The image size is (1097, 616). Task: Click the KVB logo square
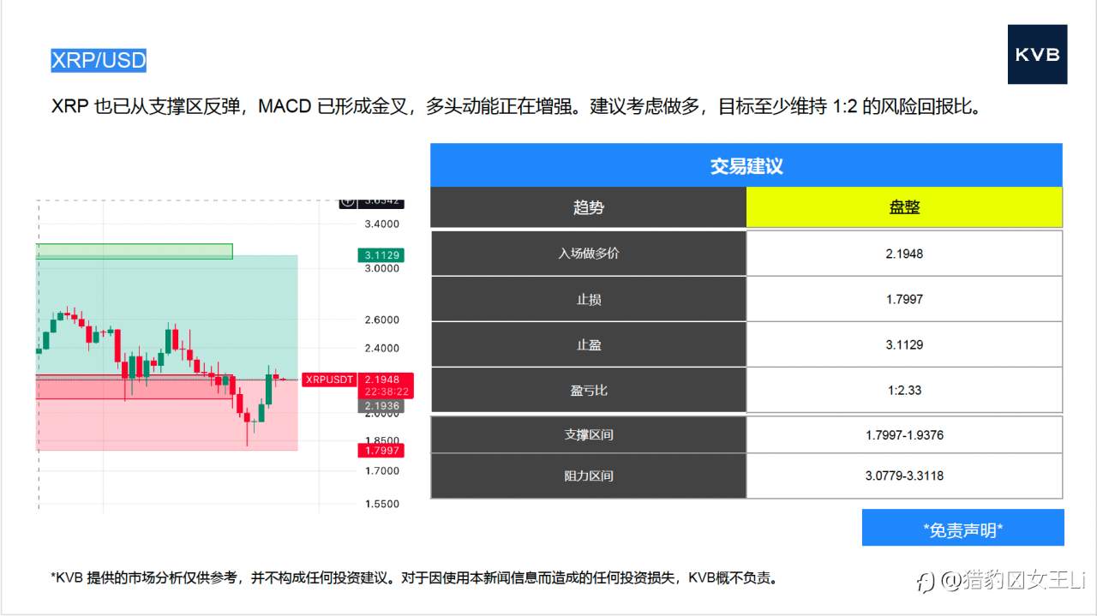[1037, 54]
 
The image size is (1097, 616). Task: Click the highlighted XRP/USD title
[99, 60]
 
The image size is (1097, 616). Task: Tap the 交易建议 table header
[746, 165]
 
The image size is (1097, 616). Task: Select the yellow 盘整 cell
[904, 207]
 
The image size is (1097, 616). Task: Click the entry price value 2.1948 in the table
[904, 254]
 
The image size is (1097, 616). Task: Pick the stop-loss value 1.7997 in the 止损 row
[904, 299]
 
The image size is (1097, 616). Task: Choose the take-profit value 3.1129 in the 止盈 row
[904, 344]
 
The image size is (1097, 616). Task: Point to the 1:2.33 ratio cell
[904, 391]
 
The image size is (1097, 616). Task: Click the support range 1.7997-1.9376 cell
[904, 435]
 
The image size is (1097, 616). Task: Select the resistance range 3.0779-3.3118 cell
[904, 475]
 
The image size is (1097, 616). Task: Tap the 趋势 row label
[588, 207]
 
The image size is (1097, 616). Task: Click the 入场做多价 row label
[588, 254]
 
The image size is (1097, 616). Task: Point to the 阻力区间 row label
[588, 475]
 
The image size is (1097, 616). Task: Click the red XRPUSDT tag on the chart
[329, 380]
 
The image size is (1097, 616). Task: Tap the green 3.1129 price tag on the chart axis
[381, 255]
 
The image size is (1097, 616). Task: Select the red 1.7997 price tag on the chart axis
[381, 451]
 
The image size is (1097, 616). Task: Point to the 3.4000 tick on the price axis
[382, 224]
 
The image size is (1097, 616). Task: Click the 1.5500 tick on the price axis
[382, 504]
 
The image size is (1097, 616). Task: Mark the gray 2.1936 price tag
[381, 405]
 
